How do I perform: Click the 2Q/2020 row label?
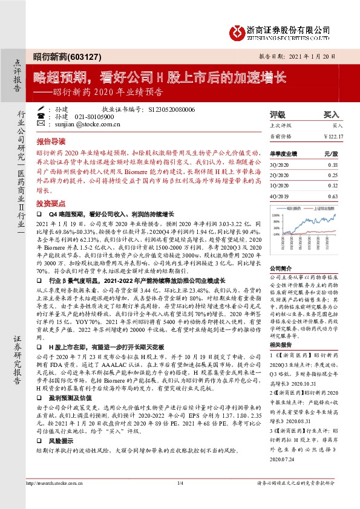point(279,175)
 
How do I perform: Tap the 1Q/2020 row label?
point(279,186)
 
